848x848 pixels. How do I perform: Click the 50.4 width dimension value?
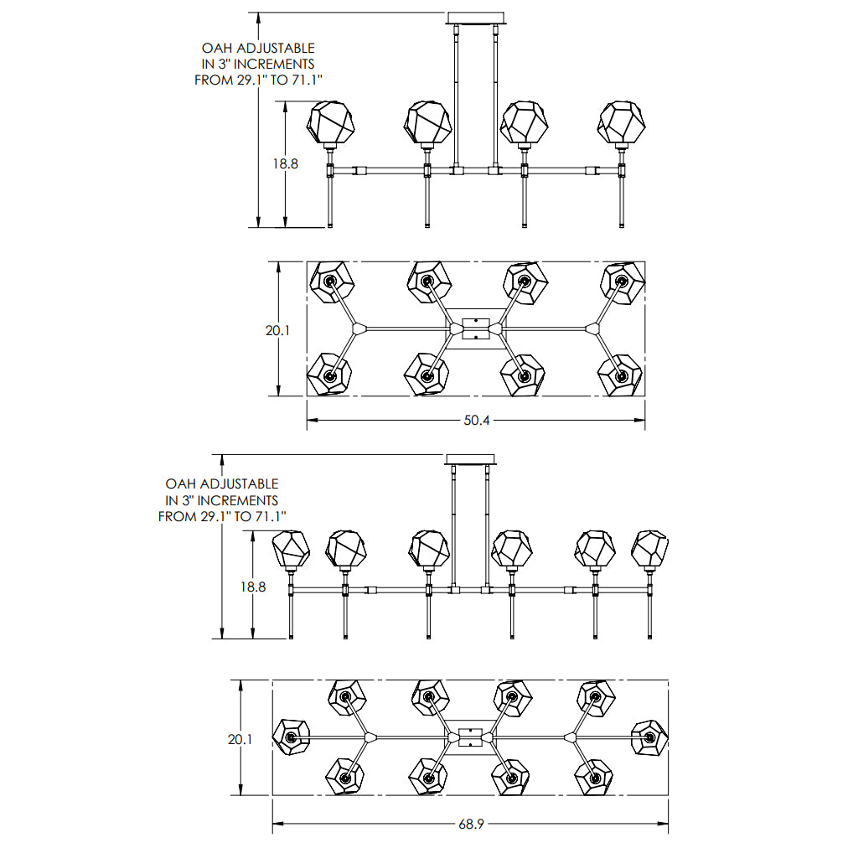pyautogui.click(x=477, y=420)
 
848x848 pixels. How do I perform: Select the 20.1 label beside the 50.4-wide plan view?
pyautogui.click(x=277, y=330)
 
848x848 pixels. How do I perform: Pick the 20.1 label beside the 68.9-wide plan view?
pyautogui.click(x=240, y=739)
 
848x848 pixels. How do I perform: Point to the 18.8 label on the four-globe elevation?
pyautogui.click(x=285, y=164)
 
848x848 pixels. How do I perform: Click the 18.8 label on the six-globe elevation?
pyautogui.click(x=252, y=587)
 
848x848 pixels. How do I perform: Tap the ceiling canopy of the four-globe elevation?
pyautogui.click(x=475, y=18)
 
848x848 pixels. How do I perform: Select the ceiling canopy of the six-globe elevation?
pyautogui.click(x=470, y=460)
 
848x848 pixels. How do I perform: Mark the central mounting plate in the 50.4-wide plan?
pyautogui.click(x=476, y=328)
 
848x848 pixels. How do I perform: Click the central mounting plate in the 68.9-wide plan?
pyautogui.click(x=470, y=737)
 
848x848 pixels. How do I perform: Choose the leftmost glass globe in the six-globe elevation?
pyautogui.click(x=291, y=550)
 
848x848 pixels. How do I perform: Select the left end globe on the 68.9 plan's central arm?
pyautogui.click(x=291, y=737)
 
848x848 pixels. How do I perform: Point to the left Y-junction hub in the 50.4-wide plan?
pyautogui.click(x=359, y=328)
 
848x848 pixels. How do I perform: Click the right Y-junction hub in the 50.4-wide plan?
pyautogui.click(x=592, y=328)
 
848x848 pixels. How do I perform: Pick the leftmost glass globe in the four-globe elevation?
pyautogui.click(x=330, y=123)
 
